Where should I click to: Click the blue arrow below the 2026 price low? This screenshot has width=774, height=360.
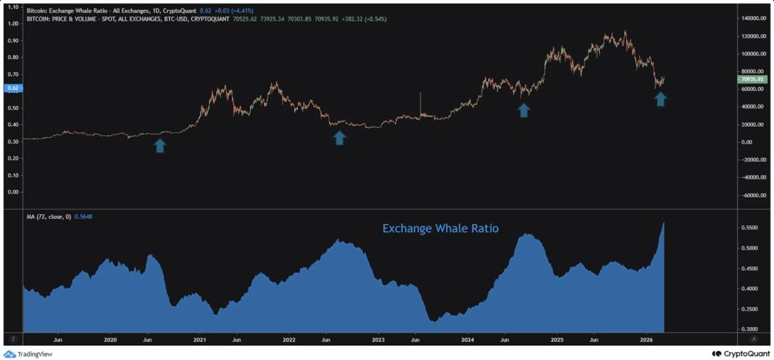tap(660, 99)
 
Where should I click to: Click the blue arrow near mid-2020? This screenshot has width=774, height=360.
tap(160, 145)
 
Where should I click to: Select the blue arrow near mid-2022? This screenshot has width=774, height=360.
tap(339, 138)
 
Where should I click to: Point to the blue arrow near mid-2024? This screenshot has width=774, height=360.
tap(524, 110)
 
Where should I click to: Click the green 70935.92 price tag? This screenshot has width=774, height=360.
tap(754, 80)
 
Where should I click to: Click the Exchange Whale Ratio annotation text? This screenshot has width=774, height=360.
tap(440, 228)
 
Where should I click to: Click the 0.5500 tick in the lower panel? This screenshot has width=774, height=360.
tap(752, 228)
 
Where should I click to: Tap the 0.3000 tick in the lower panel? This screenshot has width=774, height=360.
tap(752, 329)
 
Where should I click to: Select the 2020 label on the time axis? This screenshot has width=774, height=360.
tap(110, 340)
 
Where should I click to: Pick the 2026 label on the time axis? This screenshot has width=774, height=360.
tap(646, 340)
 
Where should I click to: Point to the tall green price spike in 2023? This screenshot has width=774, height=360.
tap(420, 104)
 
